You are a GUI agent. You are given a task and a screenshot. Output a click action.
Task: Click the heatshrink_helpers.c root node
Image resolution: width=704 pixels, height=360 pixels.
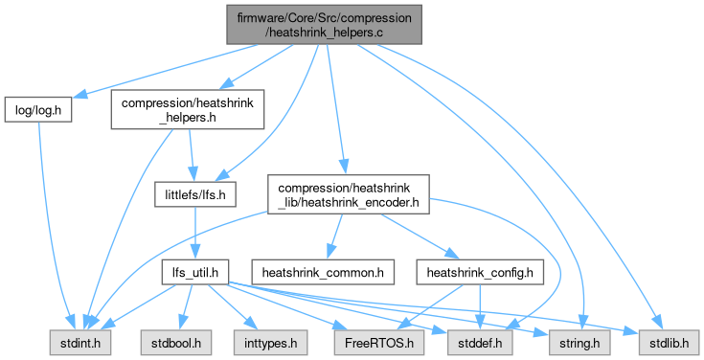tap(324, 25)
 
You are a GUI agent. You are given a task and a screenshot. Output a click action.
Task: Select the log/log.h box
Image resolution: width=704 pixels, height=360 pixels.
tap(38, 109)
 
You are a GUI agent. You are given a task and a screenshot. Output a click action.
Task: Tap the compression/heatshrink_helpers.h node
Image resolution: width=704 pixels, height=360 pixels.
tap(187, 109)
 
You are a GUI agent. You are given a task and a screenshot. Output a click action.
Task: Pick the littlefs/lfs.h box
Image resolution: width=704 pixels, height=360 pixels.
tap(194, 194)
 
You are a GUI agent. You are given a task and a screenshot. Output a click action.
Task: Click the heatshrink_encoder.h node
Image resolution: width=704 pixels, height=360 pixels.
tap(349, 194)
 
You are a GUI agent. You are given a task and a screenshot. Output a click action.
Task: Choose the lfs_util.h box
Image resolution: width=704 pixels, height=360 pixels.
tap(195, 272)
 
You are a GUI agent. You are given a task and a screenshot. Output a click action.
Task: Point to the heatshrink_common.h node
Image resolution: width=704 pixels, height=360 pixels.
tap(323, 272)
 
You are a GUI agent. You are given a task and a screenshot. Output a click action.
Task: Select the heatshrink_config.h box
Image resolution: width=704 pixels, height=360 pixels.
tap(480, 272)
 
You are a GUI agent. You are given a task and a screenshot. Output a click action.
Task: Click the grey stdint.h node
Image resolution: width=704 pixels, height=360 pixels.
tap(80, 343)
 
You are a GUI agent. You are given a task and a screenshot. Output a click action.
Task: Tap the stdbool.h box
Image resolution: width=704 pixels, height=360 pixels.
tap(176, 343)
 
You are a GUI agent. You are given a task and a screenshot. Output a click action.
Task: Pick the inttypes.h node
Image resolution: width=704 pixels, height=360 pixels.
tap(270, 343)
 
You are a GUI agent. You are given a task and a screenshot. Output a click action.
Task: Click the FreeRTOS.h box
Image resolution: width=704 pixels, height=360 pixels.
tap(379, 343)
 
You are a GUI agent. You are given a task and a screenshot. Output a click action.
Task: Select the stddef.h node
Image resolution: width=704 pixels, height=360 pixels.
tap(480, 343)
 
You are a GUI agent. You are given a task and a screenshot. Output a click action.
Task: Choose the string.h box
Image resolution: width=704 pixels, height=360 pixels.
tap(579, 343)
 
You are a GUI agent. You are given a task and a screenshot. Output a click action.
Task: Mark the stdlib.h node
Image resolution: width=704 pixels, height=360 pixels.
tap(669, 343)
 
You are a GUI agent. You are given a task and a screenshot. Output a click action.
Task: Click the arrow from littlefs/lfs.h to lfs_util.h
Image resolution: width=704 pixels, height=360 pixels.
tap(194, 233)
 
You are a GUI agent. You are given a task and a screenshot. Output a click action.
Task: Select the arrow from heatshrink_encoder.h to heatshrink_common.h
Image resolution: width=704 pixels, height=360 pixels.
tap(335, 236)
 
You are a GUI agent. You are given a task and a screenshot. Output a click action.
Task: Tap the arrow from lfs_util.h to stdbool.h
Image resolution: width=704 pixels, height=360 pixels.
tap(186, 307)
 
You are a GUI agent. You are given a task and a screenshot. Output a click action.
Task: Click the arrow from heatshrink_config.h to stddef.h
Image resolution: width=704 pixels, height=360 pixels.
tap(480, 307)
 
